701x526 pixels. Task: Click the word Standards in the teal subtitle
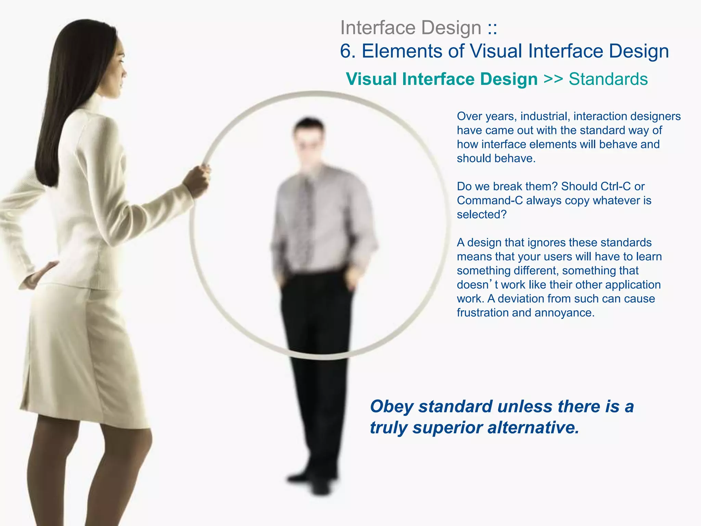tap(608, 79)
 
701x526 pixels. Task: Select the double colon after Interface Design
tap(492, 28)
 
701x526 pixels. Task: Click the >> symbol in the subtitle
tap(553, 79)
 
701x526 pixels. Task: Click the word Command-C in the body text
tap(490, 200)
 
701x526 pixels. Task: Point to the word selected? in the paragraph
tap(482, 214)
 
